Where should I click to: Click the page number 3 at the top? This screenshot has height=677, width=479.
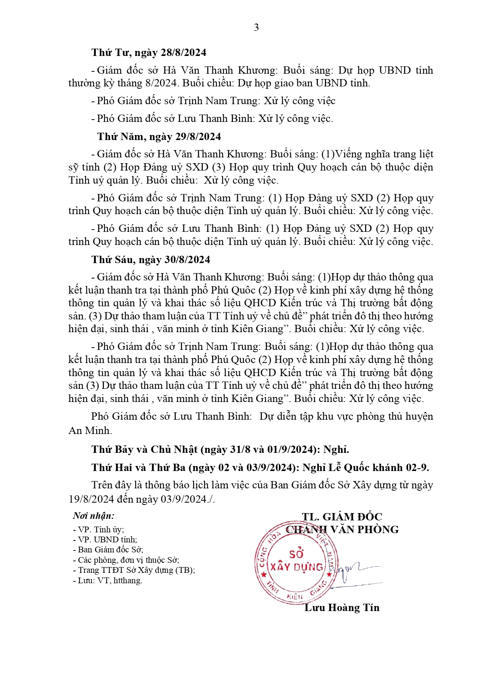[256, 27]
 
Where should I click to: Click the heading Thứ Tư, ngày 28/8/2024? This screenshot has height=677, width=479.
[149, 52]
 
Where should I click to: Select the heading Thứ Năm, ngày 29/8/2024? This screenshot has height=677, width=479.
[159, 137]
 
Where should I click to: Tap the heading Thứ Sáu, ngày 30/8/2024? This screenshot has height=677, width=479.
[151, 260]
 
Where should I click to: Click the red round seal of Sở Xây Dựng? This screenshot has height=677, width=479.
[296, 563]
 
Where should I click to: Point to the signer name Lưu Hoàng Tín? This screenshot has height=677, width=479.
[342, 608]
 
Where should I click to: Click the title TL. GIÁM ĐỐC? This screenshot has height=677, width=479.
[342, 517]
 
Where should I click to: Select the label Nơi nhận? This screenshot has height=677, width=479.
[93, 516]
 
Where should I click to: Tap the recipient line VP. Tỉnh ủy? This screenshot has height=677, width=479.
[99, 530]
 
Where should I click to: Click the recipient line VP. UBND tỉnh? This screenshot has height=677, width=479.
[105, 540]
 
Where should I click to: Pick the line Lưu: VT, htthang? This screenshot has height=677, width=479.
[107, 581]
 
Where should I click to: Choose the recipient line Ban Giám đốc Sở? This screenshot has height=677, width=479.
[108, 550]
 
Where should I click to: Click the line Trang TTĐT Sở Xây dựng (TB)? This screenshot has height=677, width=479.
[134, 570]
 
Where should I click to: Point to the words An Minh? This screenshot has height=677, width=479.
[90, 431]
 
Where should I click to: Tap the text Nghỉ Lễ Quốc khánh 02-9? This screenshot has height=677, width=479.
[365, 468]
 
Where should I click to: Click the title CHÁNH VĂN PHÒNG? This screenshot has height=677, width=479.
[342, 530]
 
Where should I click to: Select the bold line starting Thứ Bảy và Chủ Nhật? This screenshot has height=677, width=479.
[220, 449]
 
